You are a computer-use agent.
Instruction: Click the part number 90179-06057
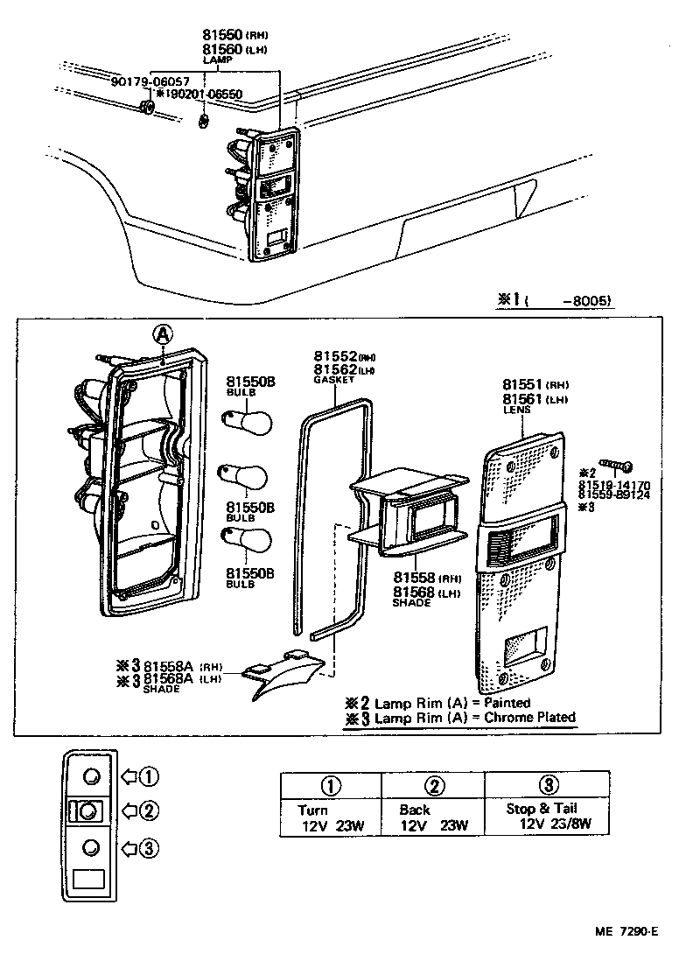148,81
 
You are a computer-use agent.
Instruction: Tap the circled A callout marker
162,333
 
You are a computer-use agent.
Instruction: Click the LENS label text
515,410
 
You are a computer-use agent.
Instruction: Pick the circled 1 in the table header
331,784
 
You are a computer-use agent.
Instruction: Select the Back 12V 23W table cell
433,817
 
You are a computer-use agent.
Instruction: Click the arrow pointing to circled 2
129,810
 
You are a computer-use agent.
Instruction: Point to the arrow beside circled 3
129,847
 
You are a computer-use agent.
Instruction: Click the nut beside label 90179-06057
148,108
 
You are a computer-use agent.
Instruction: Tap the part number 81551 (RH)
535,385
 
